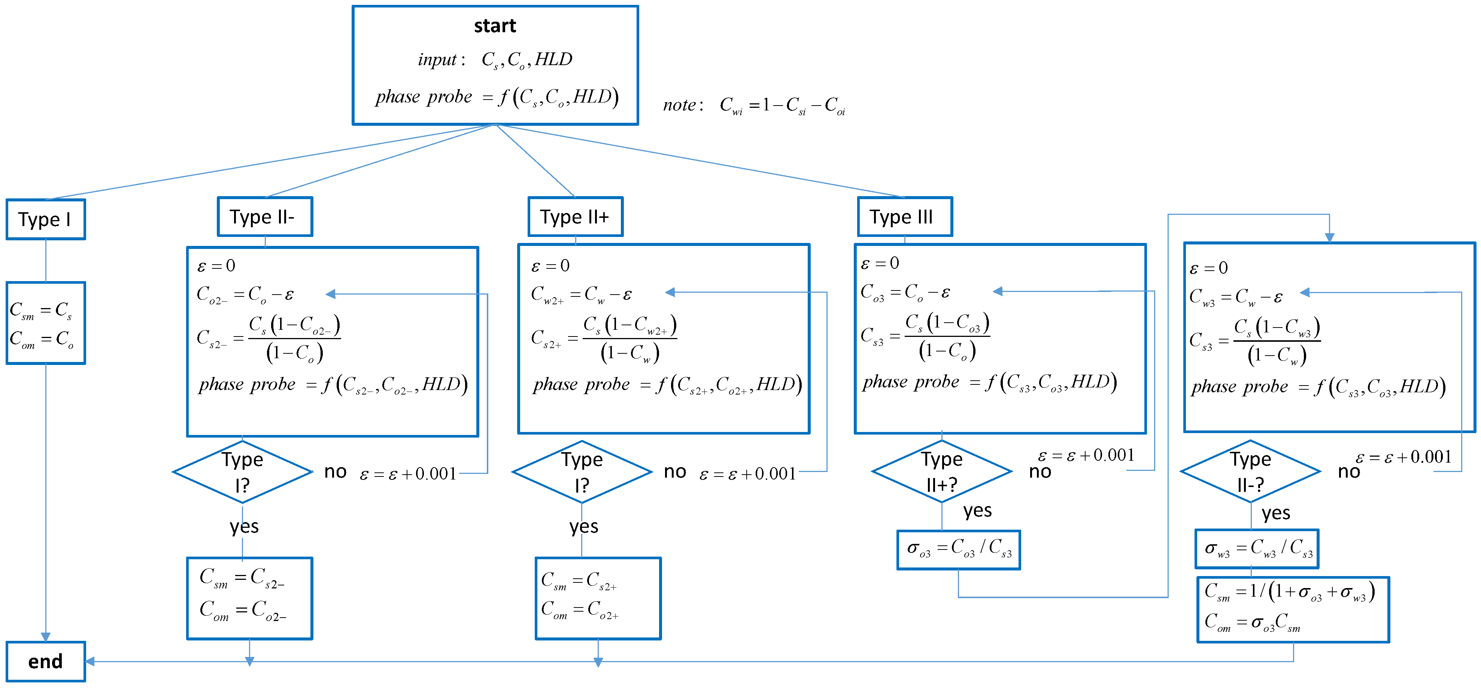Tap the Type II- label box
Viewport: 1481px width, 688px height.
click(264, 217)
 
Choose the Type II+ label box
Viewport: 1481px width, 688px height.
click(575, 217)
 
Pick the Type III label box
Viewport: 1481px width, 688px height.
click(904, 217)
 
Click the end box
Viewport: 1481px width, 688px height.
click(45, 661)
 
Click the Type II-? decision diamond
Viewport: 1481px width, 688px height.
click(1250, 471)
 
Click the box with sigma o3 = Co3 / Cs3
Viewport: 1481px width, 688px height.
click(958, 550)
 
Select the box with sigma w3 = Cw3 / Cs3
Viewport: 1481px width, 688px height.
click(1257, 549)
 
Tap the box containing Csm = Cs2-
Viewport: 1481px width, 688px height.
click(249, 598)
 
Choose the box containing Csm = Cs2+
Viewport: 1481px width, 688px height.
click(598, 598)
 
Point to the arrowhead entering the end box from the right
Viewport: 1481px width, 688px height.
click(90, 661)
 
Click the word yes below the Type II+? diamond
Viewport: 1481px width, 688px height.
click(977, 511)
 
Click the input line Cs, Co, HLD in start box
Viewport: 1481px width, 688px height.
click(495, 59)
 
